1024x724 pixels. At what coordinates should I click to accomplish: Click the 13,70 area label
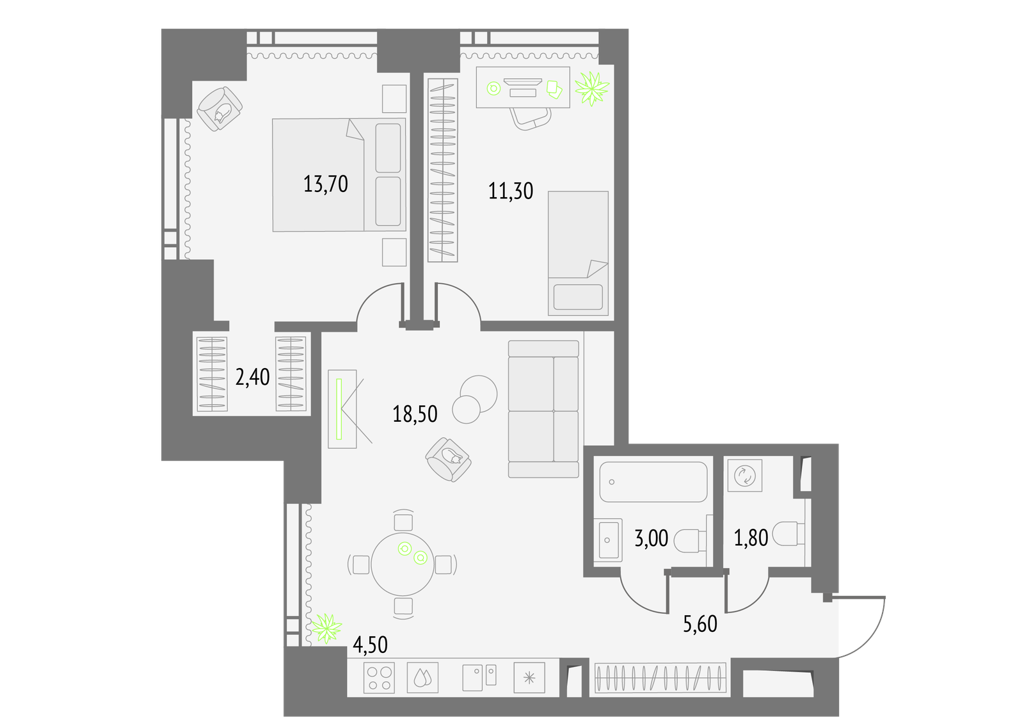click(326, 184)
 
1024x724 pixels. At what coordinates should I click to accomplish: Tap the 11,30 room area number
click(511, 191)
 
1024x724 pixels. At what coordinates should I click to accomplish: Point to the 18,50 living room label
click(415, 414)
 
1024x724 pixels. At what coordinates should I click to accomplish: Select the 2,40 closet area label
click(252, 377)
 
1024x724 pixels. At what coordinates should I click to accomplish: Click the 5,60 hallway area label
click(700, 624)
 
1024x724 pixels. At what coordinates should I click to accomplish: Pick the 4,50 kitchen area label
click(371, 645)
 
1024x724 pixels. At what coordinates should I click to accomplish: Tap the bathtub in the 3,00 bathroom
click(653, 481)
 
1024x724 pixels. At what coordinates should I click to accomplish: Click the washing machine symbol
click(745, 476)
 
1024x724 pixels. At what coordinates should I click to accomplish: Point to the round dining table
click(403, 564)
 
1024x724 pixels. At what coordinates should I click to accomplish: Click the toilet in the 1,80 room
click(788, 534)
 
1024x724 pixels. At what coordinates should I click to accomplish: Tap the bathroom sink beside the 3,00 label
click(608, 540)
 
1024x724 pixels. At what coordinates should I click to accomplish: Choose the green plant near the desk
click(592, 88)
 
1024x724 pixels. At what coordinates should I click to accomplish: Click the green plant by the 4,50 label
click(326, 628)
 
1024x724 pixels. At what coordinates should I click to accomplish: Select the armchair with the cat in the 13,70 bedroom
click(220, 109)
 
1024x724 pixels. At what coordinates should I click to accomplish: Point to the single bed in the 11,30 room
click(579, 253)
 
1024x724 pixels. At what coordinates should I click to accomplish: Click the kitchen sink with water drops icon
click(423, 678)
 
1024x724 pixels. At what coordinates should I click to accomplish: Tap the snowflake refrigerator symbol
click(529, 678)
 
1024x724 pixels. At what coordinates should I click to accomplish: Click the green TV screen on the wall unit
click(339, 409)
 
